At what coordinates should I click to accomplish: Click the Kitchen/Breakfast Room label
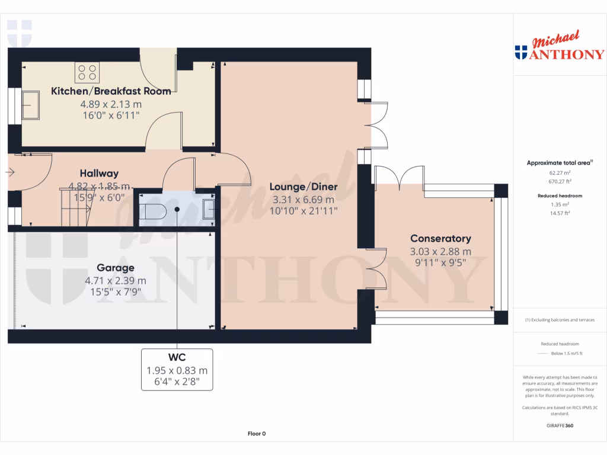[x=111, y=91]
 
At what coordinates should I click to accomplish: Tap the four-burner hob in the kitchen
[x=87, y=72]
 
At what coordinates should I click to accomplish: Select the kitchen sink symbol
[x=30, y=104]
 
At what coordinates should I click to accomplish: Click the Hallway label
[x=100, y=174]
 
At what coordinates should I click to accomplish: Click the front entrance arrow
[x=10, y=173]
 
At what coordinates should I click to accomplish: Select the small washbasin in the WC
[x=208, y=210]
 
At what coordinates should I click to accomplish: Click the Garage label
[x=116, y=268]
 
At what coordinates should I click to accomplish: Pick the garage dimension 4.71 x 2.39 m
[x=116, y=280]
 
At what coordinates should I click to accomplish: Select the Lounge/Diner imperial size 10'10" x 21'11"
[x=303, y=211]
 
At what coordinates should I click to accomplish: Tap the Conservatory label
[x=440, y=239]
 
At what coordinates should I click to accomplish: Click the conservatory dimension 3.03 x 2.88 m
[x=440, y=251]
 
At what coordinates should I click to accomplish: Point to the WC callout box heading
[x=177, y=357]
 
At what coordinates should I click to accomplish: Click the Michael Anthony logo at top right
[x=560, y=47]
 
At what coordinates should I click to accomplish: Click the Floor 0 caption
[x=257, y=434]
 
